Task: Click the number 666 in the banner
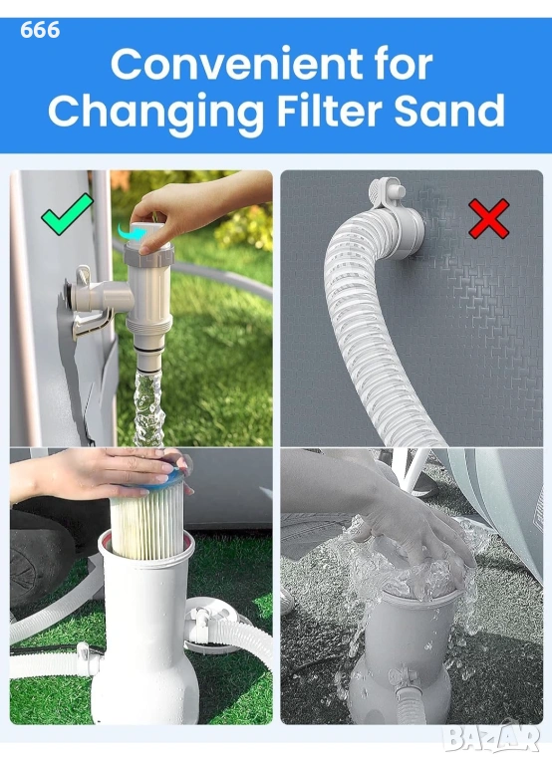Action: (x=40, y=30)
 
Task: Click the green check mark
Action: (x=67, y=214)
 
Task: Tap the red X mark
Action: (x=489, y=218)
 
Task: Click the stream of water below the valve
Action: (x=147, y=409)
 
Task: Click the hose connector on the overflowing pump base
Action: (x=409, y=694)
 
